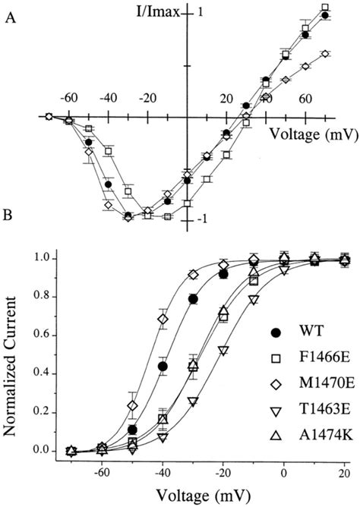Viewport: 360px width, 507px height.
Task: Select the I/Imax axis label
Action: tap(152, 12)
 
